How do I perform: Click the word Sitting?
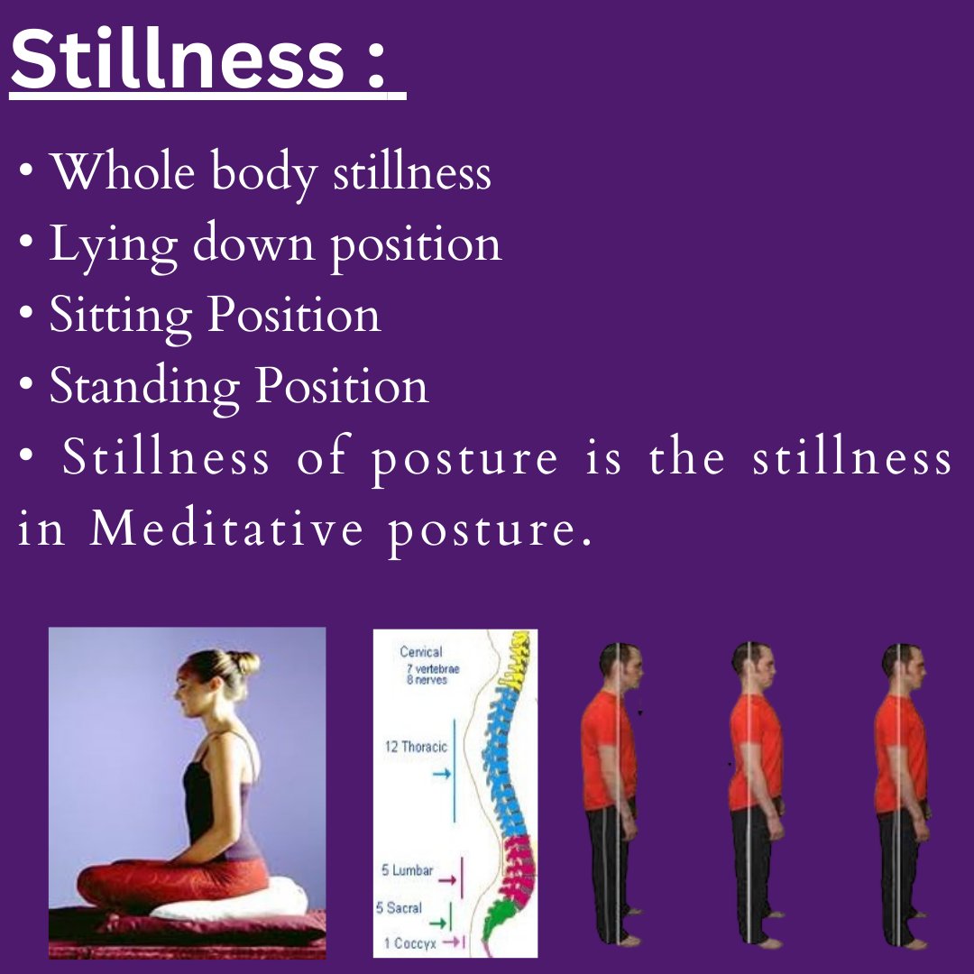point(121,315)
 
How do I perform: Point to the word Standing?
point(144,386)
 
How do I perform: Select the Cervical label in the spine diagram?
point(421,651)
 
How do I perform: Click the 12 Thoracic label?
point(417,747)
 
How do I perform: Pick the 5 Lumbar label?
point(407,871)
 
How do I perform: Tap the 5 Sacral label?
point(399,907)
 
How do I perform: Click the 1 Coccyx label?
point(404,942)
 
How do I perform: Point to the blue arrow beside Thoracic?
point(441,774)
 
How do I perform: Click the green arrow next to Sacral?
point(439,922)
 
